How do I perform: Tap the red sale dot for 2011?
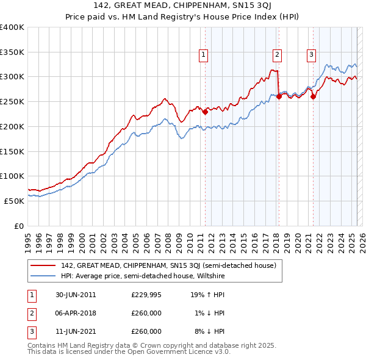click(x=205, y=112)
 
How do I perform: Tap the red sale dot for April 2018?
click(x=279, y=96)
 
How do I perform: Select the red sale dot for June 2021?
click(x=313, y=96)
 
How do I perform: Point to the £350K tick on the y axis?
click(x=12, y=52)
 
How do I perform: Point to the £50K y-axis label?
click(x=14, y=201)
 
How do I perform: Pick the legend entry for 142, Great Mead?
click(x=169, y=265)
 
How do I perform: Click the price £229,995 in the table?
click(x=146, y=294)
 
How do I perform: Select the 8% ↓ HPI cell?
click(x=209, y=331)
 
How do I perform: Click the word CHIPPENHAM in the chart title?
click(x=177, y=5)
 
